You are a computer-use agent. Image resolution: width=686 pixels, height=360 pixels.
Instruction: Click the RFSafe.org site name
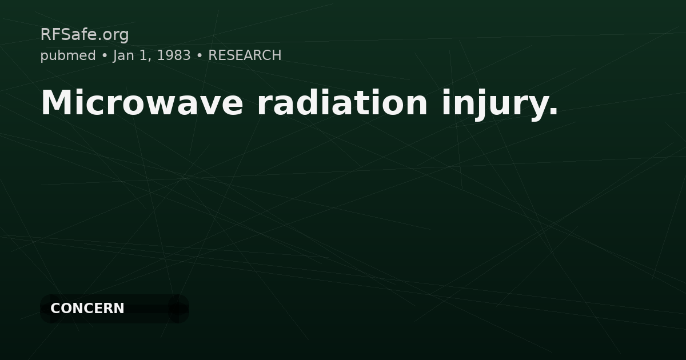[85, 35]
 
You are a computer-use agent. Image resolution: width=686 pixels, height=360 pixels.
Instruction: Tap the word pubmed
[68, 55]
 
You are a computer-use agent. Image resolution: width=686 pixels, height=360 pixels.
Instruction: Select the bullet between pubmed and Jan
[105, 55]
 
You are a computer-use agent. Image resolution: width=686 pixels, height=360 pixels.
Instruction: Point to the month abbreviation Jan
[124, 55]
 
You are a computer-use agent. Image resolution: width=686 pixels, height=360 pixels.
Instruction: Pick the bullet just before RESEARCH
[200, 55]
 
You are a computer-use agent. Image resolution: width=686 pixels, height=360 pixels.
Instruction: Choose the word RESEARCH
[245, 55]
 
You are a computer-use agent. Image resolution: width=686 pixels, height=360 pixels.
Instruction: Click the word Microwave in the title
[142, 103]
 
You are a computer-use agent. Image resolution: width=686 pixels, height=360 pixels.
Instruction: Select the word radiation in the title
[342, 103]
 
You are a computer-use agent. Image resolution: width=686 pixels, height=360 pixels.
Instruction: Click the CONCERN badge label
[87, 309]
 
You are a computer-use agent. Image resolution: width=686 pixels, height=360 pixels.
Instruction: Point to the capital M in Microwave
[54, 103]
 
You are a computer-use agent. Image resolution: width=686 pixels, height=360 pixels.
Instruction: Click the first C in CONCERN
[55, 309]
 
